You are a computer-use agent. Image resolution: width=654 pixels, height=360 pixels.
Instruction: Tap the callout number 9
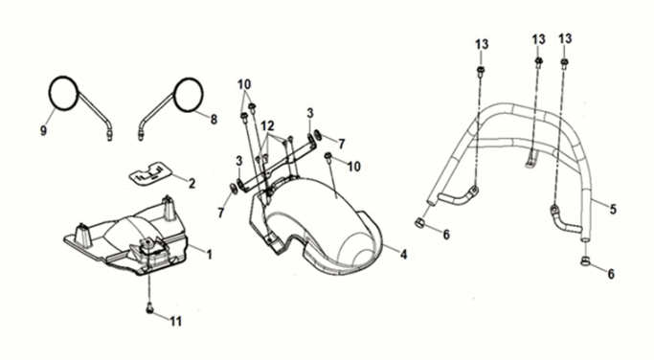(x=43, y=130)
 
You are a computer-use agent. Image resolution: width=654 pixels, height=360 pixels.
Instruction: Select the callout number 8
(x=214, y=120)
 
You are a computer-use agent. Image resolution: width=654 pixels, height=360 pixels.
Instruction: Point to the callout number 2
(x=192, y=183)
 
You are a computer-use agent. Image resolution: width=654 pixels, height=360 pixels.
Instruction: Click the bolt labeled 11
(x=149, y=309)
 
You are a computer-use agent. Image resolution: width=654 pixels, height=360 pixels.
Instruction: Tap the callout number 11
(x=175, y=321)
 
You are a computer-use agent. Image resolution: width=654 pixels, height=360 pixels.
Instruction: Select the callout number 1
(x=210, y=254)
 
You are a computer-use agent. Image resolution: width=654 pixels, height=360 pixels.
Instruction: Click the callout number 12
(x=267, y=125)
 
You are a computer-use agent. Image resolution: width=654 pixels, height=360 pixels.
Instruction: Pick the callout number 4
(x=403, y=254)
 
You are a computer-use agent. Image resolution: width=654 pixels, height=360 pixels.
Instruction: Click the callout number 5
(x=613, y=209)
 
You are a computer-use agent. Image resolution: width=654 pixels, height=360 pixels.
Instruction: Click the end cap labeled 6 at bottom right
(x=585, y=261)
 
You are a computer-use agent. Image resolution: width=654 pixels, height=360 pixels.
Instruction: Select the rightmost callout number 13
(x=565, y=39)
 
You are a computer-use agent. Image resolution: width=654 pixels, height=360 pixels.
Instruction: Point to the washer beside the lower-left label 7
(x=233, y=188)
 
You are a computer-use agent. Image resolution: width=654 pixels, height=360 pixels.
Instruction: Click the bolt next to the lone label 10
(x=327, y=157)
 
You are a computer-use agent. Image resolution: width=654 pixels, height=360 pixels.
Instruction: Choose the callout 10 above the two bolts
(x=244, y=84)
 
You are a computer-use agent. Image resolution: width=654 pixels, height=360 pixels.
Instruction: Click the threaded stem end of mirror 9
(x=110, y=136)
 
